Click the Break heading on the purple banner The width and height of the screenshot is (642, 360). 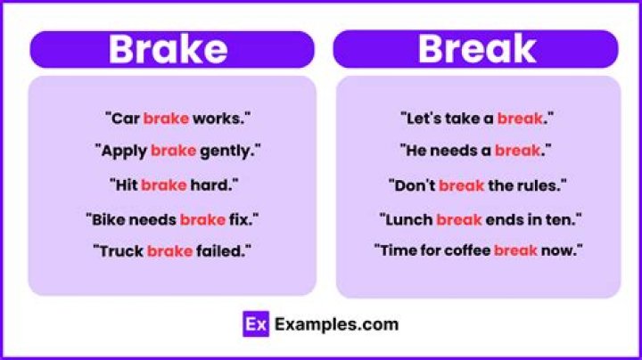pyautogui.click(x=476, y=50)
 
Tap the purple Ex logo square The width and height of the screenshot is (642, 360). pyautogui.click(x=255, y=324)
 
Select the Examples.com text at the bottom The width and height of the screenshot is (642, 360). pyautogui.click(x=336, y=324)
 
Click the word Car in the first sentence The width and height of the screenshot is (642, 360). pyautogui.click(x=125, y=118)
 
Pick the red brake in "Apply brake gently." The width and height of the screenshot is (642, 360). pyautogui.click(x=173, y=151)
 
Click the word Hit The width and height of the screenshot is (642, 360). pyautogui.click(x=124, y=184)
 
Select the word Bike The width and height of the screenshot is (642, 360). pyautogui.click(x=108, y=218)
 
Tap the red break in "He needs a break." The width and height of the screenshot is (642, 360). pyautogui.click(x=517, y=151)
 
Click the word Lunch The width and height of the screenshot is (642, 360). pyautogui.click(x=407, y=218)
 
